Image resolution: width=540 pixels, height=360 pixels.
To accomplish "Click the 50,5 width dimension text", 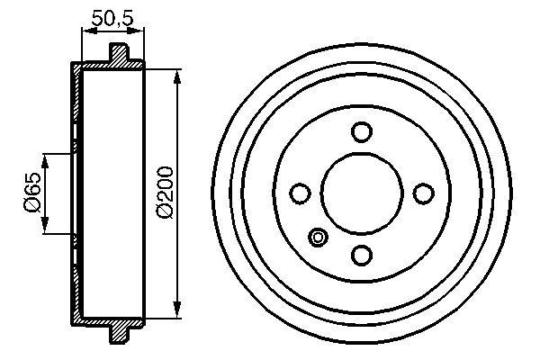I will tap(112, 15).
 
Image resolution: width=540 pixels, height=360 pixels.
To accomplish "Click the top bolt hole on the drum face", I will tap(362, 132).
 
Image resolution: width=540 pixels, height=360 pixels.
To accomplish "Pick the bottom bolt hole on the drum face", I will tap(362, 255).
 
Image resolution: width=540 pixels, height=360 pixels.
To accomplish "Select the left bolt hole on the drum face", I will tap(301, 193).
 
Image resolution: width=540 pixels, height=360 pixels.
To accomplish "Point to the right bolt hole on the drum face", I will tap(422, 193).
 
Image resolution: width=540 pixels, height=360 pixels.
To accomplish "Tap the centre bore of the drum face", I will tap(362, 193).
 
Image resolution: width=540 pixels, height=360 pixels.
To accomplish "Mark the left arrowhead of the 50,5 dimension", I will tap(86, 31).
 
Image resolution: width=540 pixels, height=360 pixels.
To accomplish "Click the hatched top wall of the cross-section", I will tap(108, 67).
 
